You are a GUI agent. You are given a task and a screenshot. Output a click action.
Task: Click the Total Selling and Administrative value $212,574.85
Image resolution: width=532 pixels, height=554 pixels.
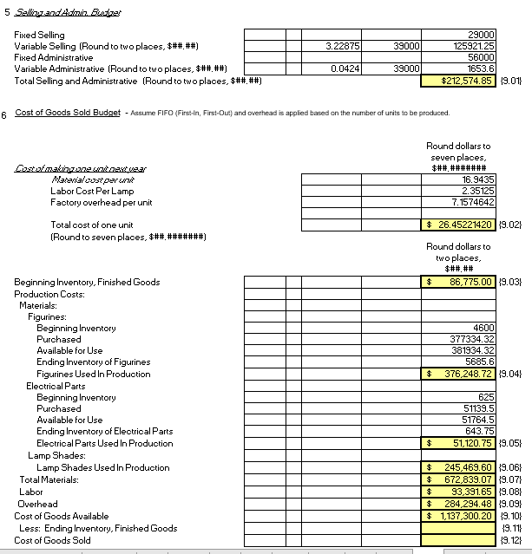pyautogui.click(x=458, y=81)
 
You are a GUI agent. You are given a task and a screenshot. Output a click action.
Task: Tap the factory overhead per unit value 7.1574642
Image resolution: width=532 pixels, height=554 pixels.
pyautogui.click(x=473, y=202)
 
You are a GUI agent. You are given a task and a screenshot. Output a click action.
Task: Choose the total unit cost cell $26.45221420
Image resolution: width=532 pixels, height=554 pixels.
pyautogui.click(x=458, y=225)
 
